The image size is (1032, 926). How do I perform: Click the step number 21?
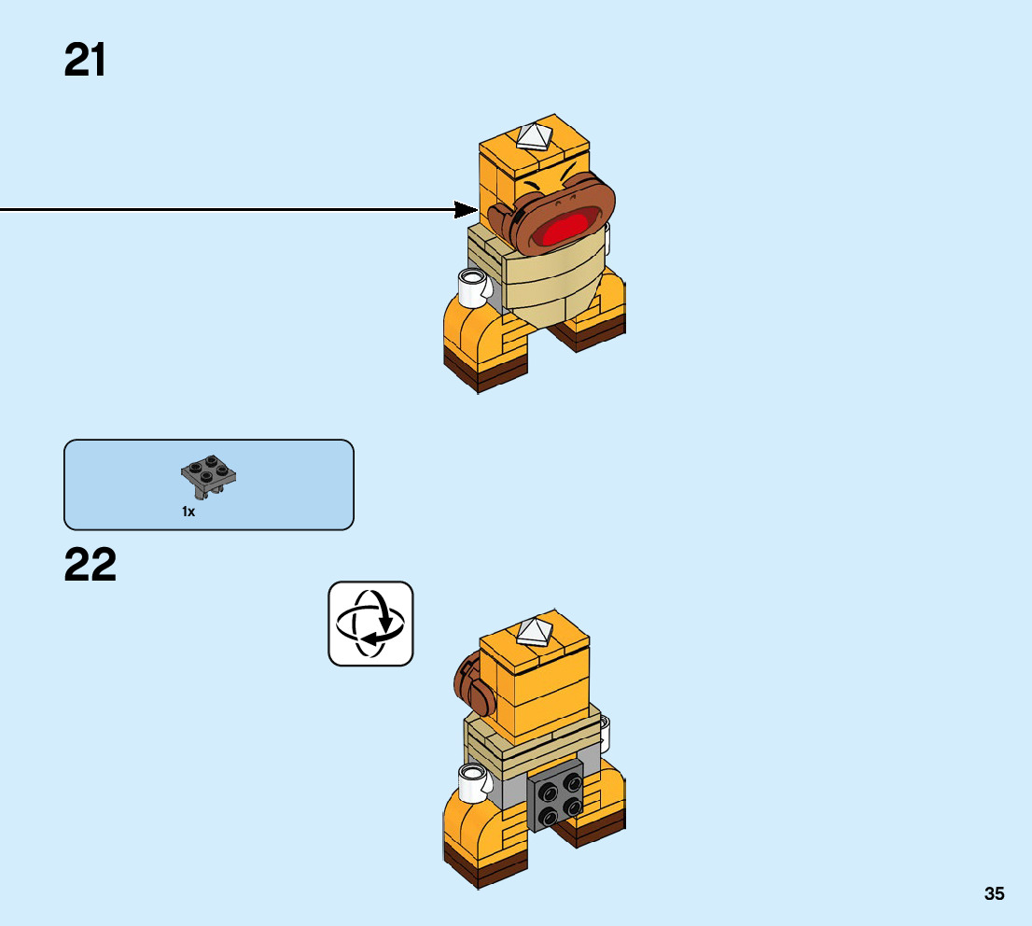coord(85,61)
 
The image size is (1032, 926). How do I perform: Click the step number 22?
coord(91,566)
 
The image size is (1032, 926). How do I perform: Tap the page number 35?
coord(994,893)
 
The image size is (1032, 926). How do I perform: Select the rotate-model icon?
coord(370,624)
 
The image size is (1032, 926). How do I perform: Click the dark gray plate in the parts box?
coord(209,476)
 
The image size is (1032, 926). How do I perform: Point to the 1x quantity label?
coord(188,512)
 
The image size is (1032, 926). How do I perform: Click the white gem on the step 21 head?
coord(536,136)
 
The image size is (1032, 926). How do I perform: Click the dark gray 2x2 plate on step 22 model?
coord(556,796)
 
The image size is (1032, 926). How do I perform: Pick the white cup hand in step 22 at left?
coord(472,782)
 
